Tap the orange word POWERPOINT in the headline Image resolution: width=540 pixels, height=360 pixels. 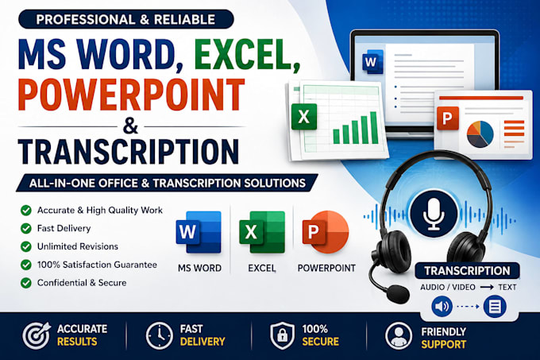coord(132,95)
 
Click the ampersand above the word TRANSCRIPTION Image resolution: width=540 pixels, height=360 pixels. coord(130,126)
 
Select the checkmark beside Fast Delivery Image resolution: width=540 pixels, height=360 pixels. coord(26,228)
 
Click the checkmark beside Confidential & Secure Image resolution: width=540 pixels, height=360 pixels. coord(26,283)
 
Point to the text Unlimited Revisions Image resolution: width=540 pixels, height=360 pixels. coord(78,246)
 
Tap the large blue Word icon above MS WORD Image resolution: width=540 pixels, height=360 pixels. coord(199,232)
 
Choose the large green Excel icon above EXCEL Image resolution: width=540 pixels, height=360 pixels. coord(262,232)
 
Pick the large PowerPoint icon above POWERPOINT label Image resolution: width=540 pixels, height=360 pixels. coord(326,232)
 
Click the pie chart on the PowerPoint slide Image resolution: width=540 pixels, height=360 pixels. coord(480,134)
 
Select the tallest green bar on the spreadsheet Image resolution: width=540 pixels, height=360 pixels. coord(374,127)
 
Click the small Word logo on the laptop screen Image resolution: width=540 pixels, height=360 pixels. coord(372,62)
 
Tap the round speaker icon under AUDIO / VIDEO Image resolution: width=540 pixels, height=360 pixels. coord(442,306)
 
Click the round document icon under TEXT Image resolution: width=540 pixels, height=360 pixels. coord(495,306)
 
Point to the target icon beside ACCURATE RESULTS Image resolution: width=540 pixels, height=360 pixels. coord(37,335)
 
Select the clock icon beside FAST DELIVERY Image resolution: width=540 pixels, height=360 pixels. coord(159,335)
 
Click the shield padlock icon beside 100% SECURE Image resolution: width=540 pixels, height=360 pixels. coord(282,335)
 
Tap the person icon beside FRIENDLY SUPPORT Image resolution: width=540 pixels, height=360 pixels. coord(399,336)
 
